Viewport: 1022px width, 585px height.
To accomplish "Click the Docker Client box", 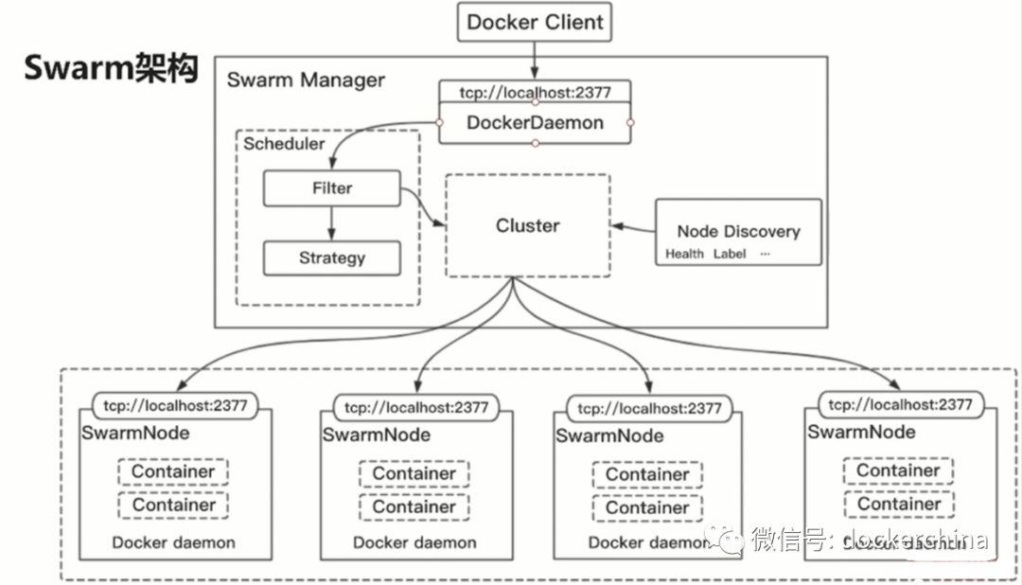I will click(x=535, y=22).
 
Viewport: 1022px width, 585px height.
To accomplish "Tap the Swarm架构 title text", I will click(x=111, y=67).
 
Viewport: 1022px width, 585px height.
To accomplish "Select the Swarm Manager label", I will click(x=306, y=80).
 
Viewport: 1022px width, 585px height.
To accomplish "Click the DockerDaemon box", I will click(x=535, y=122).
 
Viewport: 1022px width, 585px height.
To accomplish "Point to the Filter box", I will click(x=331, y=188).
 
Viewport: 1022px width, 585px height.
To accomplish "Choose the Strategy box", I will click(x=331, y=257).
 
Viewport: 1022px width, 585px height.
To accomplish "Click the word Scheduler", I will click(x=284, y=144).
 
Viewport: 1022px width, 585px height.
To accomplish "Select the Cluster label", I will click(x=527, y=226).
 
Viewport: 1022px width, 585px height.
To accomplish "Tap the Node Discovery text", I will click(x=738, y=231).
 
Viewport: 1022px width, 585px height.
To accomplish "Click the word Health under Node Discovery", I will click(x=684, y=254).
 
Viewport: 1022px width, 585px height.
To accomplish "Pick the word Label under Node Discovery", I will click(x=730, y=254).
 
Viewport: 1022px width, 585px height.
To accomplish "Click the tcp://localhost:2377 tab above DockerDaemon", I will click(x=535, y=92).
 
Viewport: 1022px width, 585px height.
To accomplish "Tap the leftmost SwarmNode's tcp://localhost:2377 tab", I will click(x=171, y=406).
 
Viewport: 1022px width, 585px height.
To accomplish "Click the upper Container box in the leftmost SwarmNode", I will click(x=173, y=471).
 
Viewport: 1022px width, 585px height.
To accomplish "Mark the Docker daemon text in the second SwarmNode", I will click(x=414, y=542).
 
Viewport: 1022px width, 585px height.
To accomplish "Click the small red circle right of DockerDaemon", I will click(x=630, y=122).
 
